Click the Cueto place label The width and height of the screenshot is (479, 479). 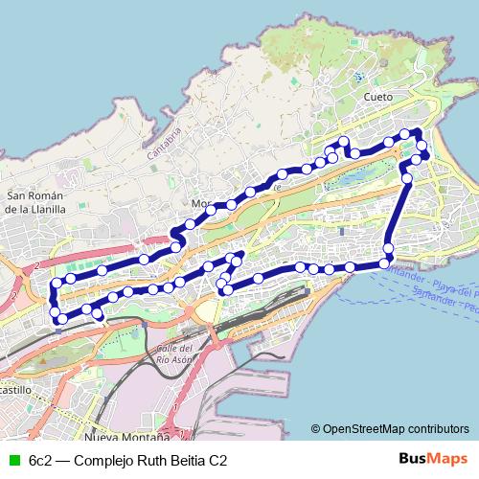coord(379,97)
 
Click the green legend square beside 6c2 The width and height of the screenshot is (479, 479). coord(12,460)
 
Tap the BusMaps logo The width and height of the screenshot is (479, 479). coord(433,459)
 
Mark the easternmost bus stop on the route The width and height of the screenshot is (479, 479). coord(425,153)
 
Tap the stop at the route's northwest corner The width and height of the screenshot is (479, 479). coord(55,284)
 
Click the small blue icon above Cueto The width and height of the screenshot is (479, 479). coord(358,77)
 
